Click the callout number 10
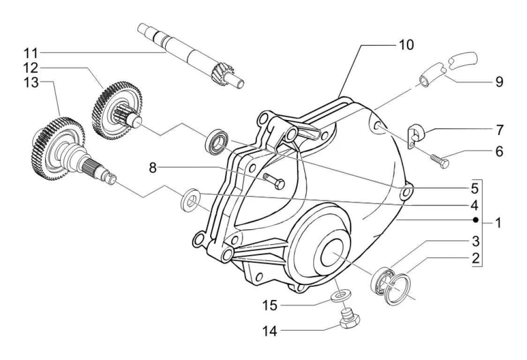click(x=406, y=45)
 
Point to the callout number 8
click(x=153, y=168)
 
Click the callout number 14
click(x=270, y=331)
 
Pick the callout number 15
click(x=270, y=306)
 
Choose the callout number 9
click(x=499, y=82)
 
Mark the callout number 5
click(x=474, y=188)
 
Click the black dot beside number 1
click(x=475, y=220)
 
